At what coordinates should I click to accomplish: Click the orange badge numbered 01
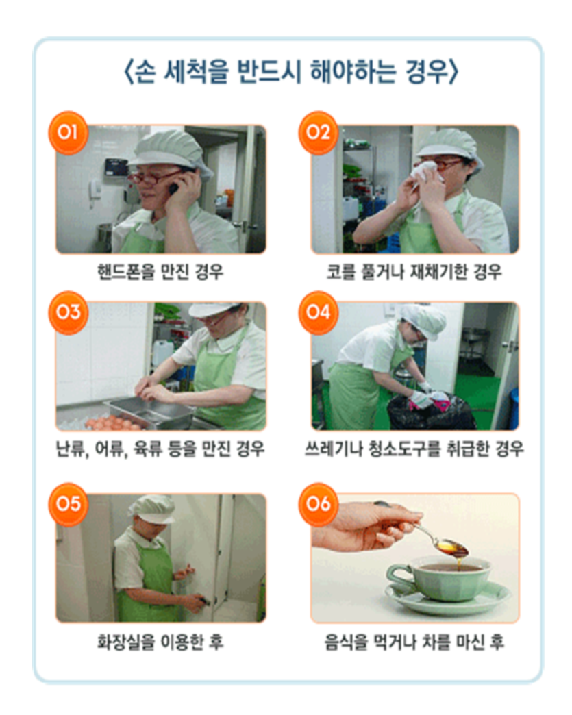[x=68, y=133]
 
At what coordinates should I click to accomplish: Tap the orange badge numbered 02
[x=318, y=133]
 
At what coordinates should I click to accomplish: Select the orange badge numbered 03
[x=68, y=312]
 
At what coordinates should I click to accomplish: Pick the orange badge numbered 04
[x=318, y=312]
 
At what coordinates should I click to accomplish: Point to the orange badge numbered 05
[x=68, y=504]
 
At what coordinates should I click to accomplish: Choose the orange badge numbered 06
[x=318, y=504]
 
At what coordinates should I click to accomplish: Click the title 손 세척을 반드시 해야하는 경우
[x=291, y=72]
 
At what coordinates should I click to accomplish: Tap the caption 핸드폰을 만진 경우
[x=160, y=272]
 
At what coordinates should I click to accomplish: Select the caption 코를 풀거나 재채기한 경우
[x=414, y=272]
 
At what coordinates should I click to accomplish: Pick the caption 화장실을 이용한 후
[x=160, y=642]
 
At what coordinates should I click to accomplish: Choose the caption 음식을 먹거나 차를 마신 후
[x=414, y=642]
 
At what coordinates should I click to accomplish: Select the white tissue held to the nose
[x=423, y=174]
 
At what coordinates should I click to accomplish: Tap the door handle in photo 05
[x=206, y=601]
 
